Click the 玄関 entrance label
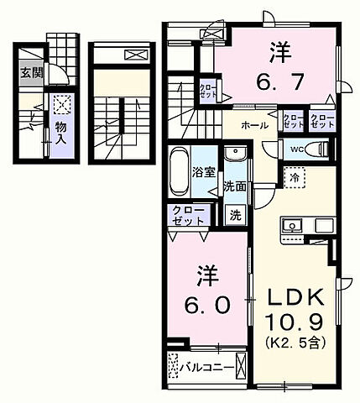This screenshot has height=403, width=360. pos(29,71)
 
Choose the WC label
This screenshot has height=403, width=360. pos(296,150)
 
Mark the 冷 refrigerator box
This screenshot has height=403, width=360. pos(295,177)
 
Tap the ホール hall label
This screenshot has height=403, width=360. pos(254,125)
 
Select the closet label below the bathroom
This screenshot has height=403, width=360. pos(189,214)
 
